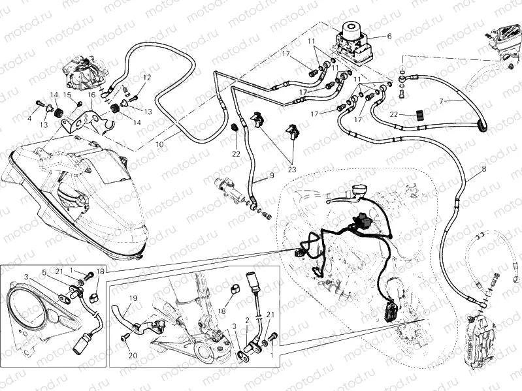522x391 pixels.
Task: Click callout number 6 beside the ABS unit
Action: tap(389, 37)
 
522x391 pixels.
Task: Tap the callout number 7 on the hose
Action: tap(442, 101)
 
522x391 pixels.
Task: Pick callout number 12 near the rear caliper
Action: tap(147, 78)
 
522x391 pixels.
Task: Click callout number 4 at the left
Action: tap(29, 119)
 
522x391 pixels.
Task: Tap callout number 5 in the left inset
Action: tap(44, 272)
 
